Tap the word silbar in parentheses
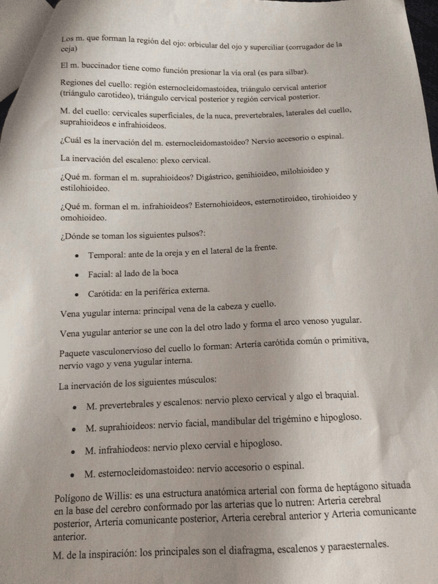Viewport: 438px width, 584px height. click(293, 71)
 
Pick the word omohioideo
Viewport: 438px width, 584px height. click(83, 218)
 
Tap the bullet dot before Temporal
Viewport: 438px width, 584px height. click(79, 255)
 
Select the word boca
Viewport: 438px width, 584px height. click(167, 271)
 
